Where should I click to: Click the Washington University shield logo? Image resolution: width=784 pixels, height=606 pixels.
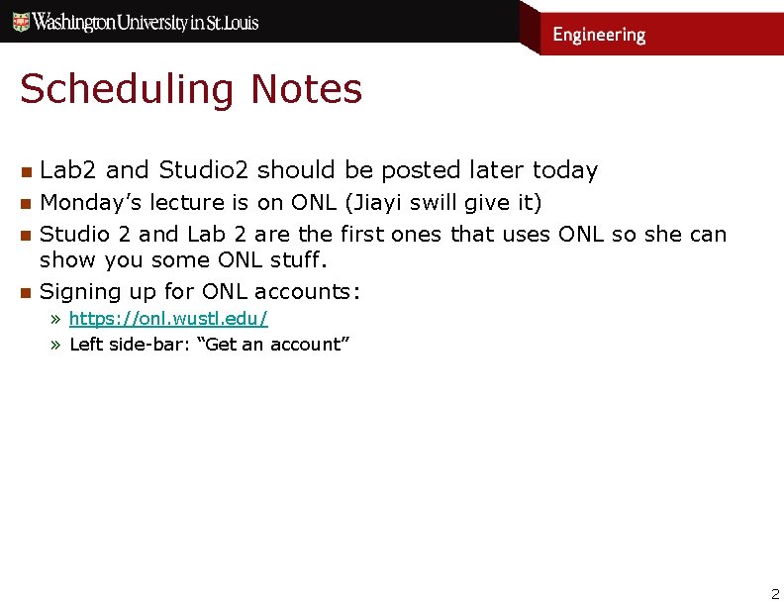[x=21, y=22]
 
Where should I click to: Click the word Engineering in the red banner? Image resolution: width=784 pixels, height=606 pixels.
[x=599, y=35]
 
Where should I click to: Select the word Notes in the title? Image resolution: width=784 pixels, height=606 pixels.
[x=307, y=89]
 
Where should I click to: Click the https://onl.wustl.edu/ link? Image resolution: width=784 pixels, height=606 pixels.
[x=168, y=319]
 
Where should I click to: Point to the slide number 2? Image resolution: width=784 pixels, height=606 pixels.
[x=775, y=594]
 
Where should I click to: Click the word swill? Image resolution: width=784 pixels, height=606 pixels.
[x=429, y=203]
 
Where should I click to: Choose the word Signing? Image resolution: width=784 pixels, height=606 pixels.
[x=81, y=291]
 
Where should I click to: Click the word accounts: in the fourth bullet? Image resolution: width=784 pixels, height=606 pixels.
[x=308, y=291]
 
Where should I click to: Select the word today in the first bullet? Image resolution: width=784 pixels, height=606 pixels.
[x=565, y=170]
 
